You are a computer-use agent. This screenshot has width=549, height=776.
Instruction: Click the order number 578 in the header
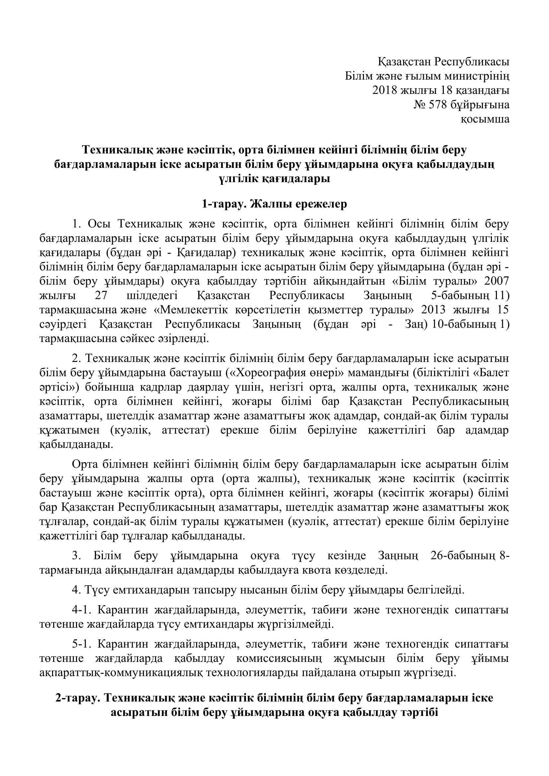438,105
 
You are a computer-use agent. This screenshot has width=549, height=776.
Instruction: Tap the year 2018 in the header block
384,91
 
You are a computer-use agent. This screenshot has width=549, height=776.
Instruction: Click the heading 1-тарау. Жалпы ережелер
274,204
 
